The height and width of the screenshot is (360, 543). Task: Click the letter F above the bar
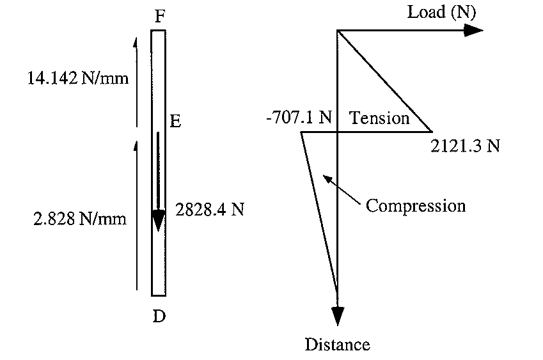click(x=161, y=16)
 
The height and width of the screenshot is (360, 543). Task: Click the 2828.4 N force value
click(x=209, y=209)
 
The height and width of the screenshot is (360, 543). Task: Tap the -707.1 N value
click(x=297, y=118)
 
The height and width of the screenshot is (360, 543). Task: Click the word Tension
click(x=379, y=118)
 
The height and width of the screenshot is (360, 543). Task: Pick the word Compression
click(x=416, y=206)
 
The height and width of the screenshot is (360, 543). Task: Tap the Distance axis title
click(x=337, y=345)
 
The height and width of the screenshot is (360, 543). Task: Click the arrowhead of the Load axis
click(x=475, y=30)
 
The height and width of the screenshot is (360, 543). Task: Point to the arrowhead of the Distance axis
click(x=337, y=317)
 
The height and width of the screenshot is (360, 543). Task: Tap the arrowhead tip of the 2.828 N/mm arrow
click(x=136, y=143)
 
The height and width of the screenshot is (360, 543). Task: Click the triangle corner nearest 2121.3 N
click(x=431, y=132)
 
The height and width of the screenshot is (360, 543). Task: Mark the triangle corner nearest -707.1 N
click(x=301, y=132)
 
